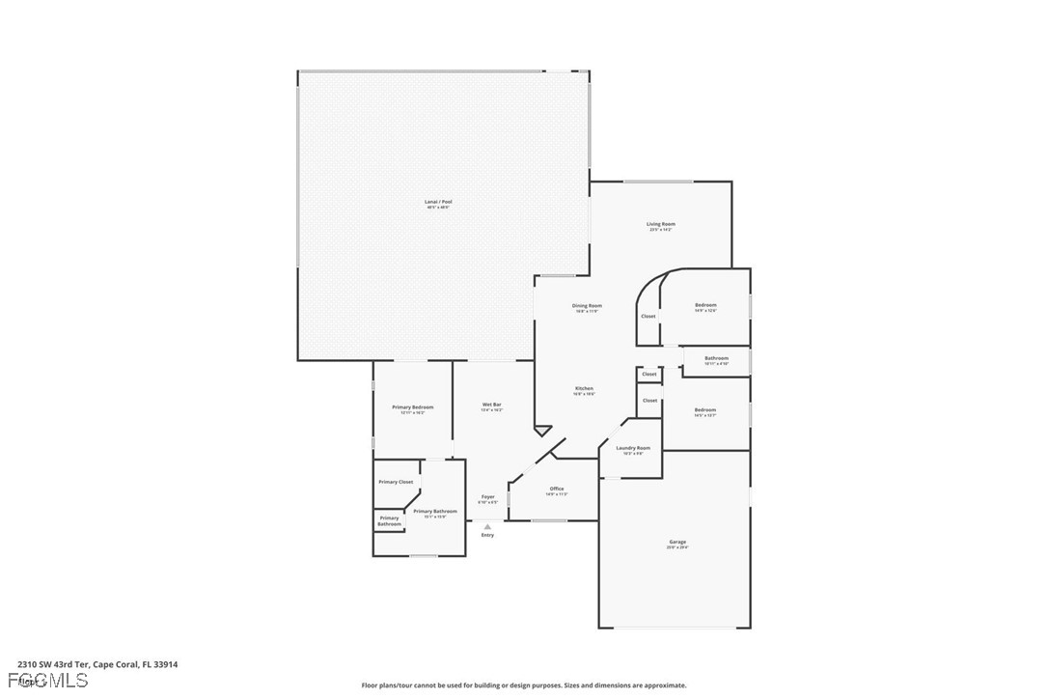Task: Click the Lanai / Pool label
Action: pyautogui.click(x=438, y=202)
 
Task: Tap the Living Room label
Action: pyautogui.click(x=660, y=224)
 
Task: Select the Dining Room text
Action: pyautogui.click(x=588, y=306)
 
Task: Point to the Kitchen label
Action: pyautogui.click(x=584, y=388)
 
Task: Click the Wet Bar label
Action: pyautogui.click(x=491, y=405)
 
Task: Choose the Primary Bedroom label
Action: pyautogui.click(x=412, y=407)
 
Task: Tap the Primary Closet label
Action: pyautogui.click(x=396, y=482)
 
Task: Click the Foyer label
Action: pyautogui.click(x=487, y=497)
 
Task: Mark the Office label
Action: pyautogui.click(x=557, y=489)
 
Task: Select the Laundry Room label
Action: pyautogui.click(x=632, y=448)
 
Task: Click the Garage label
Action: pyautogui.click(x=677, y=542)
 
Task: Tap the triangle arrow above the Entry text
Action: pyautogui.click(x=487, y=526)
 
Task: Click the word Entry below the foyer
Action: pyautogui.click(x=487, y=535)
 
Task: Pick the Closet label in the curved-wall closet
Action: pyautogui.click(x=648, y=316)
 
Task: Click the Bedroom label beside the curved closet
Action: pyautogui.click(x=705, y=305)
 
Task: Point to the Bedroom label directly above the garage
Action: pyautogui.click(x=705, y=410)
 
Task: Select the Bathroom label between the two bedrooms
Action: pyautogui.click(x=716, y=358)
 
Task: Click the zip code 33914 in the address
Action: pyautogui.click(x=164, y=664)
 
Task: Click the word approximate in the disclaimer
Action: pyautogui.click(x=665, y=685)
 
